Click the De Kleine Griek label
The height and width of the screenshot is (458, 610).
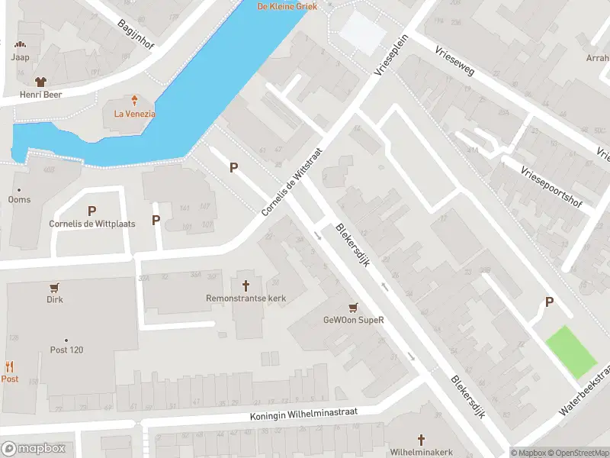coord(287,6)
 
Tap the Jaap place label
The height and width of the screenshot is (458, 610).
coord(20,56)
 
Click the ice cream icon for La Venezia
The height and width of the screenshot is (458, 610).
coord(135,100)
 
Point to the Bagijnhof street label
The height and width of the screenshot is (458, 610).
coord(136,34)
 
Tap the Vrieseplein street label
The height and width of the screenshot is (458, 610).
coord(392,55)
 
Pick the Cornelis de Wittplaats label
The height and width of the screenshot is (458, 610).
coord(91,224)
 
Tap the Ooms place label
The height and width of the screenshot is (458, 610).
coord(19,200)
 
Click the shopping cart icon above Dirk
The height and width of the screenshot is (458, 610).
coord(54,287)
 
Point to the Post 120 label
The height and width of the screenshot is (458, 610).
coord(66,350)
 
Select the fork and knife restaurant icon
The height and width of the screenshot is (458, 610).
coord(10,366)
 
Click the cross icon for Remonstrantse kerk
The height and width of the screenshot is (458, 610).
coord(246,285)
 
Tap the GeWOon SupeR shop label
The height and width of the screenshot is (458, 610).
coord(352,320)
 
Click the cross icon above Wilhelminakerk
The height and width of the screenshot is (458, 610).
coord(421,440)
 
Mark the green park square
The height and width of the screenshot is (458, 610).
coord(570,350)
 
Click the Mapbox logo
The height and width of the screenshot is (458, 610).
coord(33,449)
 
